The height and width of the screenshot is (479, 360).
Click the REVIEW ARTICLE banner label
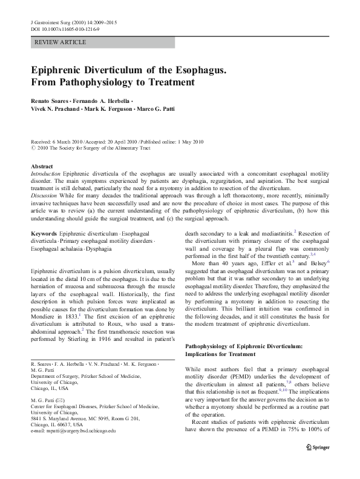(x=61, y=42)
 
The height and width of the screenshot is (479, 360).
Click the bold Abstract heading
(x=42, y=166)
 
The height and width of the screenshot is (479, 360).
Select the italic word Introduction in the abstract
(x=46, y=173)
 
